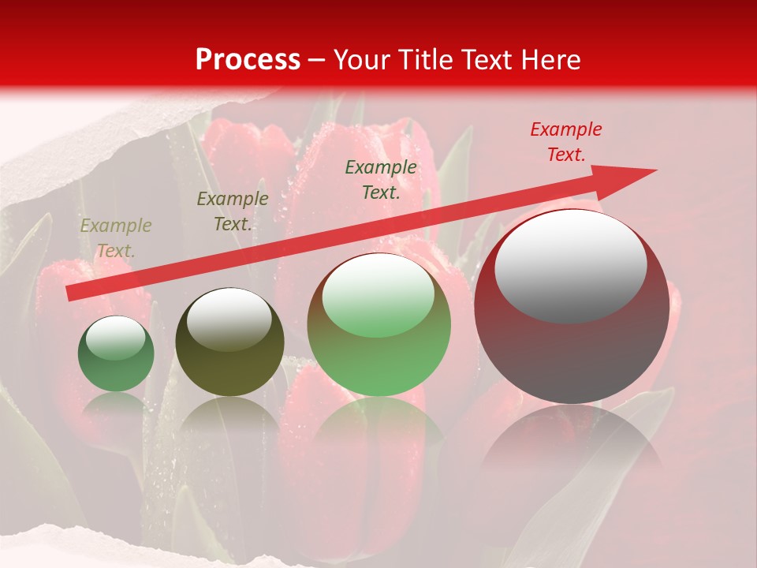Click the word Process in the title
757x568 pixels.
point(248,60)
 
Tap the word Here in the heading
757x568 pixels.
point(549,60)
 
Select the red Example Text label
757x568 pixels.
point(565,142)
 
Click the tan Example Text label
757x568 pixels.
point(116,238)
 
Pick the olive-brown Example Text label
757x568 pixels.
point(233,211)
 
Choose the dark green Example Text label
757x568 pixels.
point(381,179)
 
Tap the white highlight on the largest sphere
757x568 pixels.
point(570,264)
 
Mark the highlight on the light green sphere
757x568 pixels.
point(378,295)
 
